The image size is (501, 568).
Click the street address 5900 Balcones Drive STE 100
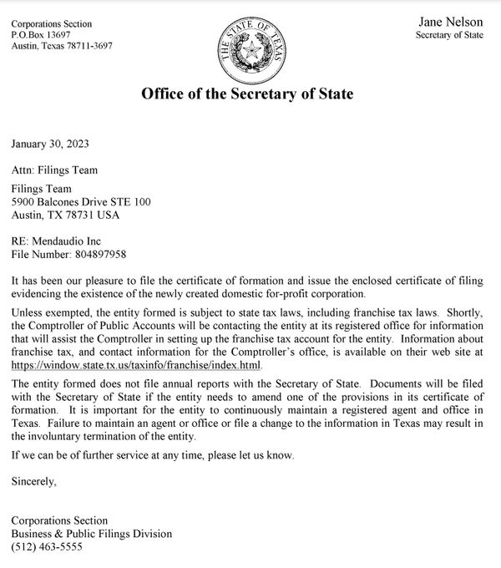pos(81,202)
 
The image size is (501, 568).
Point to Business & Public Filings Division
pos(91,534)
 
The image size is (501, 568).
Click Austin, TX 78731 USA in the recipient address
pos(65,215)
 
